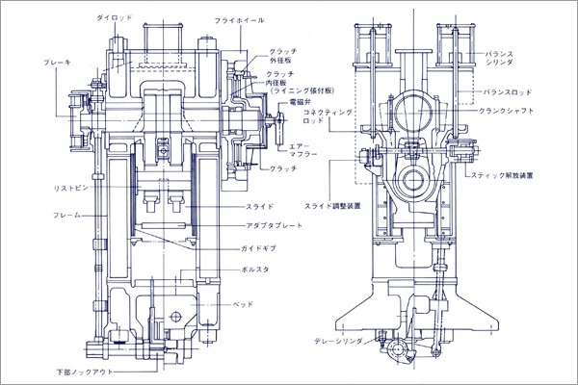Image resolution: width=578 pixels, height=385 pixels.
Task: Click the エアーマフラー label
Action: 302,151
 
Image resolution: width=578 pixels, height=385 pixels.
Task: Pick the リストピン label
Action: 68,189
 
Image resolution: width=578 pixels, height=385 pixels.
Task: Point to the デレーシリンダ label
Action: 339,341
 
